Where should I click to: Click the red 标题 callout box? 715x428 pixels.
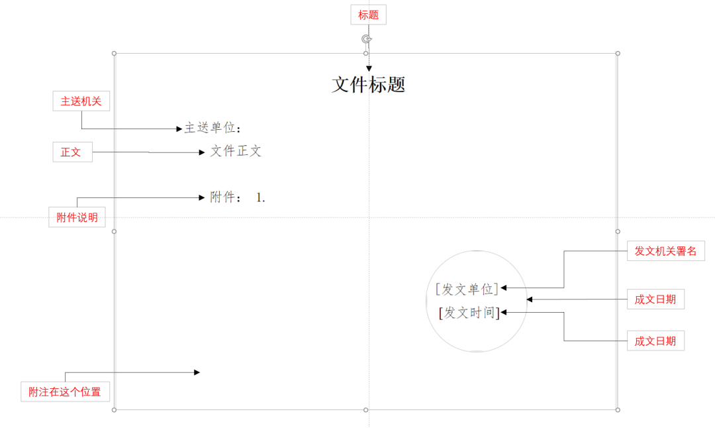[x=368, y=15]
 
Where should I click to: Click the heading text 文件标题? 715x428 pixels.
[x=368, y=84]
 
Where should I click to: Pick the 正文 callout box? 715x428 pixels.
[x=71, y=152]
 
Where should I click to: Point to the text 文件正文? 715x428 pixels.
[x=236, y=151]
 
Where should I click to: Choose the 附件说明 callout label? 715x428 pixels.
[x=77, y=217]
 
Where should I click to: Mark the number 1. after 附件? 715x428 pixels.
[x=261, y=197]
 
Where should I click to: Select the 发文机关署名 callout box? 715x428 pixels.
[x=665, y=251]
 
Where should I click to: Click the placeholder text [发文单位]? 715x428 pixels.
[x=467, y=289]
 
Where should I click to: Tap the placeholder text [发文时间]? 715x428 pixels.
[x=469, y=312]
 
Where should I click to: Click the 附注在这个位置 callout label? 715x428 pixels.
[x=65, y=392]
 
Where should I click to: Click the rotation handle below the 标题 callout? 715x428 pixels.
[x=366, y=39]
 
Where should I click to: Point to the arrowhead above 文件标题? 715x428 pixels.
[x=369, y=68]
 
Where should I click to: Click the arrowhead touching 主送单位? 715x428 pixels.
[x=179, y=129]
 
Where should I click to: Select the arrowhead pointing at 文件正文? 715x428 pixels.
[x=202, y=152]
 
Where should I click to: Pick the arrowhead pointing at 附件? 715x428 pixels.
[x=202, y=197]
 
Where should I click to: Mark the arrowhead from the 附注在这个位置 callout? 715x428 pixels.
[x=196, y=372]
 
